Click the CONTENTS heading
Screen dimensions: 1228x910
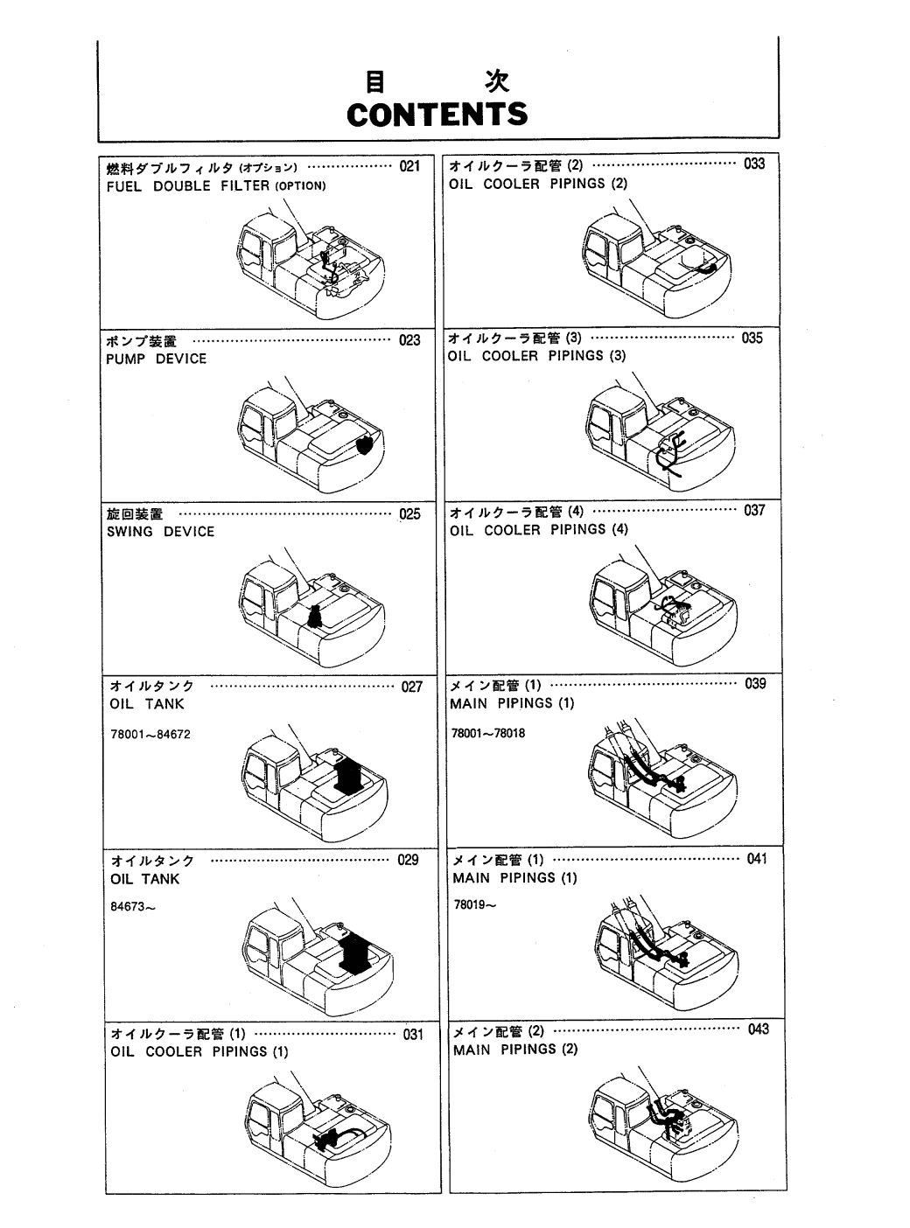point(437,115)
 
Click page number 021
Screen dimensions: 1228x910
point(409,166)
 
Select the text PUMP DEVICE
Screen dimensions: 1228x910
point(156,359)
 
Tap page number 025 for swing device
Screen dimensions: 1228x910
point(409,513)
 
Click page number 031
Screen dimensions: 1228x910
point(412,1035)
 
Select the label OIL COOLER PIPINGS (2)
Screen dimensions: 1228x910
point(538,184)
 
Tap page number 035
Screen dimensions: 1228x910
point(752,338)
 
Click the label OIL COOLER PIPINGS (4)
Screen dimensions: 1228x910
point(539,529)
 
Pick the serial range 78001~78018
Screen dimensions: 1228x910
point(487,733)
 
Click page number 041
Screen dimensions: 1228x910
point(757,859)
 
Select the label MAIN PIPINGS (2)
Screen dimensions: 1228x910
point(515,1049)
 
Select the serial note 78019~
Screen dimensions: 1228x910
point(475,905)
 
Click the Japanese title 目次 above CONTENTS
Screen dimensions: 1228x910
point(436,82)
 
